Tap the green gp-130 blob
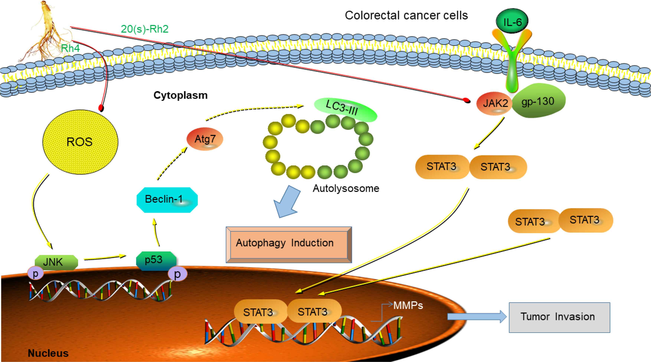click(538, 101)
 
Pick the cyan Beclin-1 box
click(167, 200)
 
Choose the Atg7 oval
click(205, 139)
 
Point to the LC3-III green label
click(345, 109)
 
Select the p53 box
click(156, 260)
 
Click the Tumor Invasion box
click(559, 317)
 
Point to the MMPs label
click(408, 305)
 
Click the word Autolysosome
click(346, 188)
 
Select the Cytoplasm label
click(180, 95)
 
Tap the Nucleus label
click(48, 353)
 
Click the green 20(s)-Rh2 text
click(145, 29)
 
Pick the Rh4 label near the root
click(70, 48)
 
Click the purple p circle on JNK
click(36, 273)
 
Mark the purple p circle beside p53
click(177, 274)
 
